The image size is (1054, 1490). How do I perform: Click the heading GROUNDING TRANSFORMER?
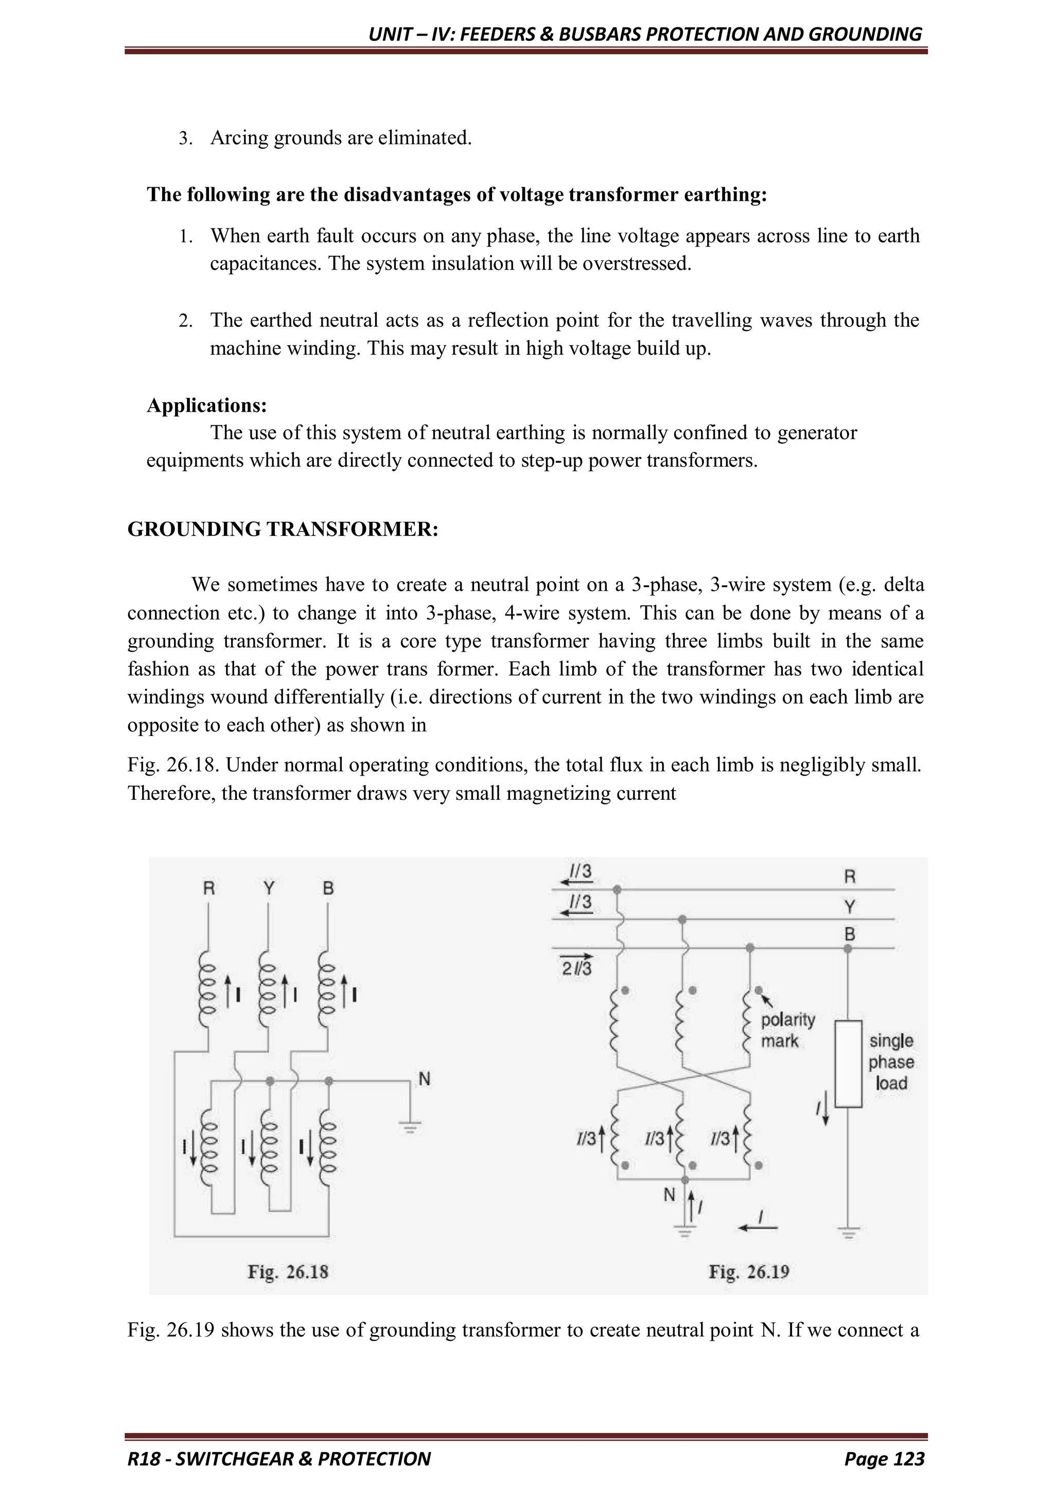[283, 529]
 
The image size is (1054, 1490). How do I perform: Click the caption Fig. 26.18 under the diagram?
[288, 1272]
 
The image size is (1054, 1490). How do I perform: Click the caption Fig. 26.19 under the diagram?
[748, 1272]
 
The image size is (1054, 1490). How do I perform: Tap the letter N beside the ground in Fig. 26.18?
[425, 1079]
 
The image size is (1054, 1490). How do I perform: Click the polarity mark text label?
[787, 1030]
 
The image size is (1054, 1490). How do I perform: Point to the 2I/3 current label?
[576, 970]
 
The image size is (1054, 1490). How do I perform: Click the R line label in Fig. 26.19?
[850, 878]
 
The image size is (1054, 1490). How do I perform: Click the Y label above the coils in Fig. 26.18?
[269, 888]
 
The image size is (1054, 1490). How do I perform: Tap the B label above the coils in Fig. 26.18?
[328, 888]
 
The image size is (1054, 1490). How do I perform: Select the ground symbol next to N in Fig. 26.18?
[410, 1128]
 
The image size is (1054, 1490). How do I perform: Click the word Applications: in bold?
[206, 405]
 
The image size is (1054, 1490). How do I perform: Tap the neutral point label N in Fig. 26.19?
[669, 1195]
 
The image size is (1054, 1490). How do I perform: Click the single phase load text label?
[890, 1062]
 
